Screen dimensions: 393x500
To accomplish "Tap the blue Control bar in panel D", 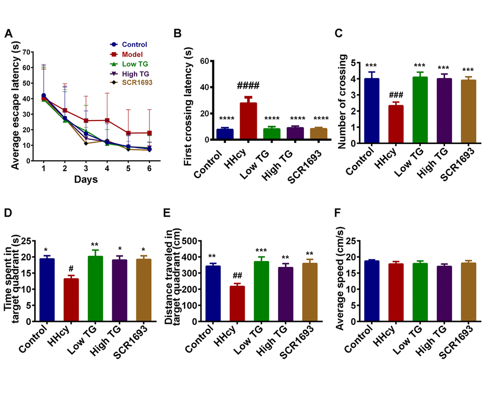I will [x=47, y=290].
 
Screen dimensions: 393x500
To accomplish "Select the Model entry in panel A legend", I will [x=132, y=54].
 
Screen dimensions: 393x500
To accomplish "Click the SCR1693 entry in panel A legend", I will [x=136, y=84].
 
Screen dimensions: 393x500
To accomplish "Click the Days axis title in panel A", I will [x=86, y=180].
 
